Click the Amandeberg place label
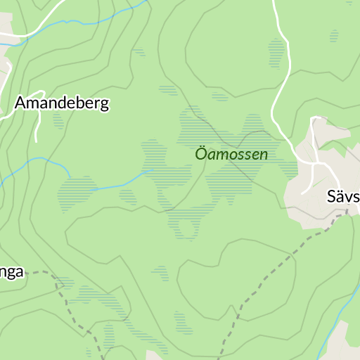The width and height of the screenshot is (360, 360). coord(62,103)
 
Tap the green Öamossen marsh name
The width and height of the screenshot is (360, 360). coord(231,154)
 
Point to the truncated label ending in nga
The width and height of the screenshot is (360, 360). coord(12,271)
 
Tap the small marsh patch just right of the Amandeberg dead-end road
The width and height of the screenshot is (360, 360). coord(58,122)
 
